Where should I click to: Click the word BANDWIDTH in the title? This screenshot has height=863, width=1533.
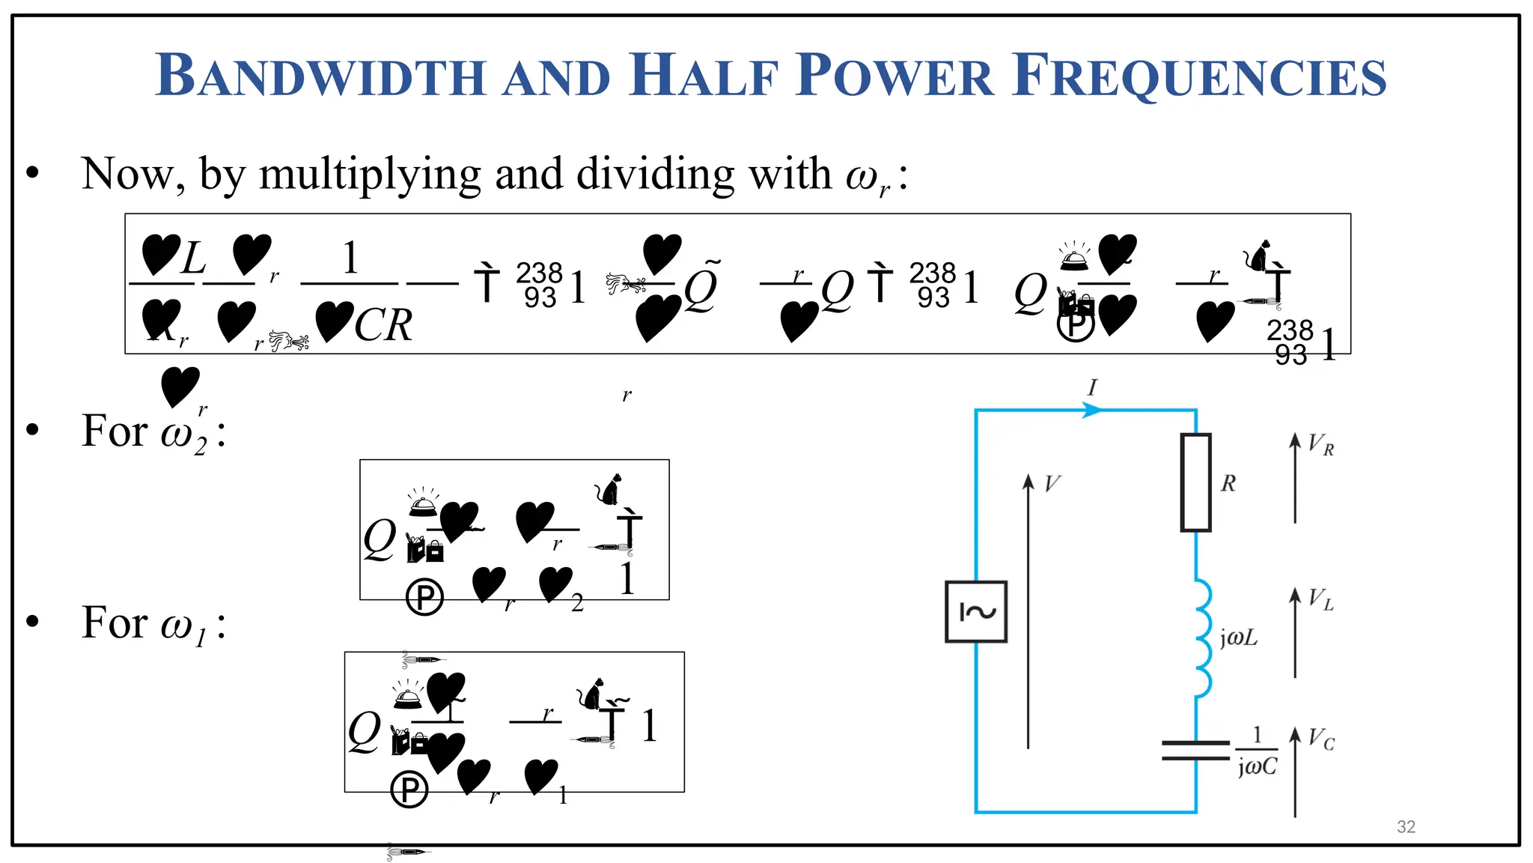click(x=320, y=76)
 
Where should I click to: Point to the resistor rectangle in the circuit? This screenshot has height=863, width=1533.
click(x=1195, y=482)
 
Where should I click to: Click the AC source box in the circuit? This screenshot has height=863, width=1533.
click(x=976, y=611)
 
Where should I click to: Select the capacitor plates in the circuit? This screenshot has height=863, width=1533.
click(x=1195, y=750)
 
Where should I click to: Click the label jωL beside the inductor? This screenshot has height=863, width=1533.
click(x=1239, y=638)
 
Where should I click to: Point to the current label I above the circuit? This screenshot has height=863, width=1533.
click(x=1092, y=387)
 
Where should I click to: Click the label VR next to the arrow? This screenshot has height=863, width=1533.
click(x=1320, y=445)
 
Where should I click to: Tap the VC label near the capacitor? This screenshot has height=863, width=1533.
click(x=1321, y=739)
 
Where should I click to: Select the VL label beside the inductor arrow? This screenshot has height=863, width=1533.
click(x=1320, y=599)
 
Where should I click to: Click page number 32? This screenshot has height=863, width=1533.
click(x=1406, y=826)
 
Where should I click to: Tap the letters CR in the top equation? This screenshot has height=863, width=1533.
click(x=383, y=325)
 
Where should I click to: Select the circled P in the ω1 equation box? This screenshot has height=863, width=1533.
click(x=409, y=790)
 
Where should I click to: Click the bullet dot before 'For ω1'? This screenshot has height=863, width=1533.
click(x=32, y=621)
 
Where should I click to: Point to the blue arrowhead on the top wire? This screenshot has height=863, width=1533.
click(x=1092, y=410)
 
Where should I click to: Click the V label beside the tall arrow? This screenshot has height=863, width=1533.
click(x=1052, y=483)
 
